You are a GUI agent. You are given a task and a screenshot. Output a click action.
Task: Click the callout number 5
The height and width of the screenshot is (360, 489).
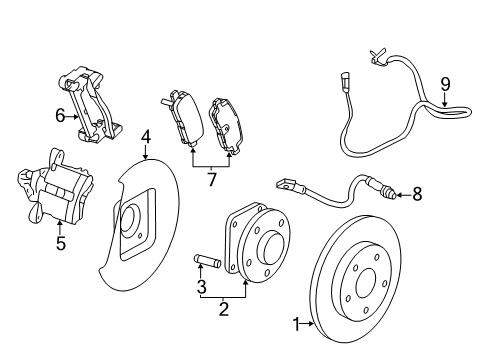click(60, 243)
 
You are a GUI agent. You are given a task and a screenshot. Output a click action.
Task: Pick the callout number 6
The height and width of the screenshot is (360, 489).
click(60, 116)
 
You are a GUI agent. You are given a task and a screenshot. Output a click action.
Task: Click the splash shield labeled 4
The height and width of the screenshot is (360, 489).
click(140, 240)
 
